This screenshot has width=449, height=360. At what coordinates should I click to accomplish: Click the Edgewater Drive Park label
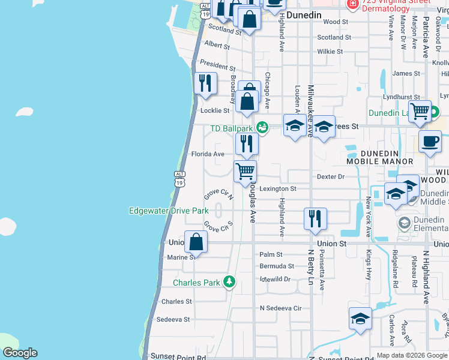click(x=169, y=211)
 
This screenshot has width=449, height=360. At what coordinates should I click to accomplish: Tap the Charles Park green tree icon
click(x=228, y=281)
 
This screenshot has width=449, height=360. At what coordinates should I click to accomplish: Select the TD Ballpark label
click(x=231, y=128)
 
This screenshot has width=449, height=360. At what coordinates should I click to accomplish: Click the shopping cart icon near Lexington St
click(x=245, y=171)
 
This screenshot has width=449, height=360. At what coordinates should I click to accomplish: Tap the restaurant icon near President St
click(x=205, y=83)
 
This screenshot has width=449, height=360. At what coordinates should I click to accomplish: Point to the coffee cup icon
click(x=430, y=142)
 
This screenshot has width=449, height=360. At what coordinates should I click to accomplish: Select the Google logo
click(x=20, y=353)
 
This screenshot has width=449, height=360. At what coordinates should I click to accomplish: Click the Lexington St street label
click(x=278, y=188)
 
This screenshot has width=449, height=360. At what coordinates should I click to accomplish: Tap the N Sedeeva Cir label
click(x=280, y=308)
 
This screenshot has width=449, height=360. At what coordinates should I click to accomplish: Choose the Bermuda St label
click(x=277, y=266)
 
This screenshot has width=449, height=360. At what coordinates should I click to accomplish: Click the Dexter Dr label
click(x=331, y=177)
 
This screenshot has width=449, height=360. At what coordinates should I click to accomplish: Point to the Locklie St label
click(x=215, y=110)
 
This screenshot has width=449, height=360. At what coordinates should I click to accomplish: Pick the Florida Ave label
click(x=208, y=154)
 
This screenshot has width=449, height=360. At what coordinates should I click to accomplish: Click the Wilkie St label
click(x=330, y=52)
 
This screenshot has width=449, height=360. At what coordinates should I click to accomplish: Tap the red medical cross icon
click(x=352, y=4)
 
